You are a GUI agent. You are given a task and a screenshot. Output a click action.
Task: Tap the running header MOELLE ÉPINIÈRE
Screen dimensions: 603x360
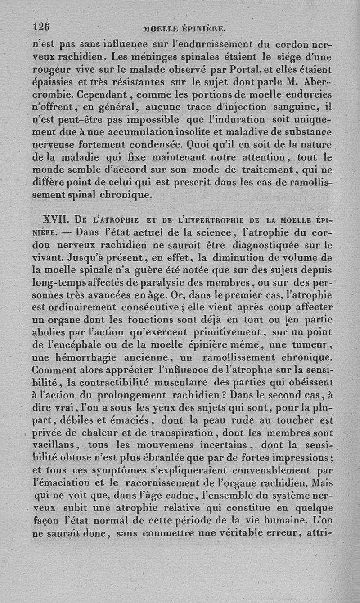point(184,29)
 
